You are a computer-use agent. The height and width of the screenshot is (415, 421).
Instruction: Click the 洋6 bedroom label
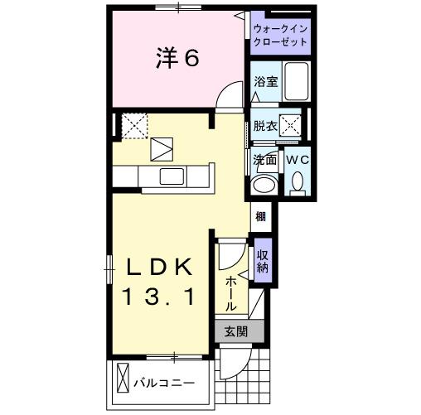[176, 59]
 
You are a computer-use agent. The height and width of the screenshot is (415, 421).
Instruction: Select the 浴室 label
[265, 83]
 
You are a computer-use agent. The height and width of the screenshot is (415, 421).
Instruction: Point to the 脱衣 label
[264, 126]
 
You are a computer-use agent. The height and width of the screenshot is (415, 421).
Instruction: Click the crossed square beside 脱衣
[289, 126]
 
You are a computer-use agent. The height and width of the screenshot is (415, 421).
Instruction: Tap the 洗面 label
[264, 160]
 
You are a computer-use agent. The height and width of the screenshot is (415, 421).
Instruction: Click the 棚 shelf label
[261, 217]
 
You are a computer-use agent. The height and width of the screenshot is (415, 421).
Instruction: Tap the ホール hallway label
[230, 291]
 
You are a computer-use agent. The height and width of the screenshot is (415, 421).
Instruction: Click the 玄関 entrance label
[235, 332]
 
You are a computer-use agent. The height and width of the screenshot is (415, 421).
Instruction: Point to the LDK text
[160, 267]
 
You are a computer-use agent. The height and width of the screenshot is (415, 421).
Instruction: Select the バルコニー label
[166, 384]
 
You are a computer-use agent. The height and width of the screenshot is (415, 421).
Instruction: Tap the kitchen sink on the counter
[172, 176]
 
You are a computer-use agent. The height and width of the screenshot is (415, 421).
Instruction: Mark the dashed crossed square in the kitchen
[134, 125]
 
